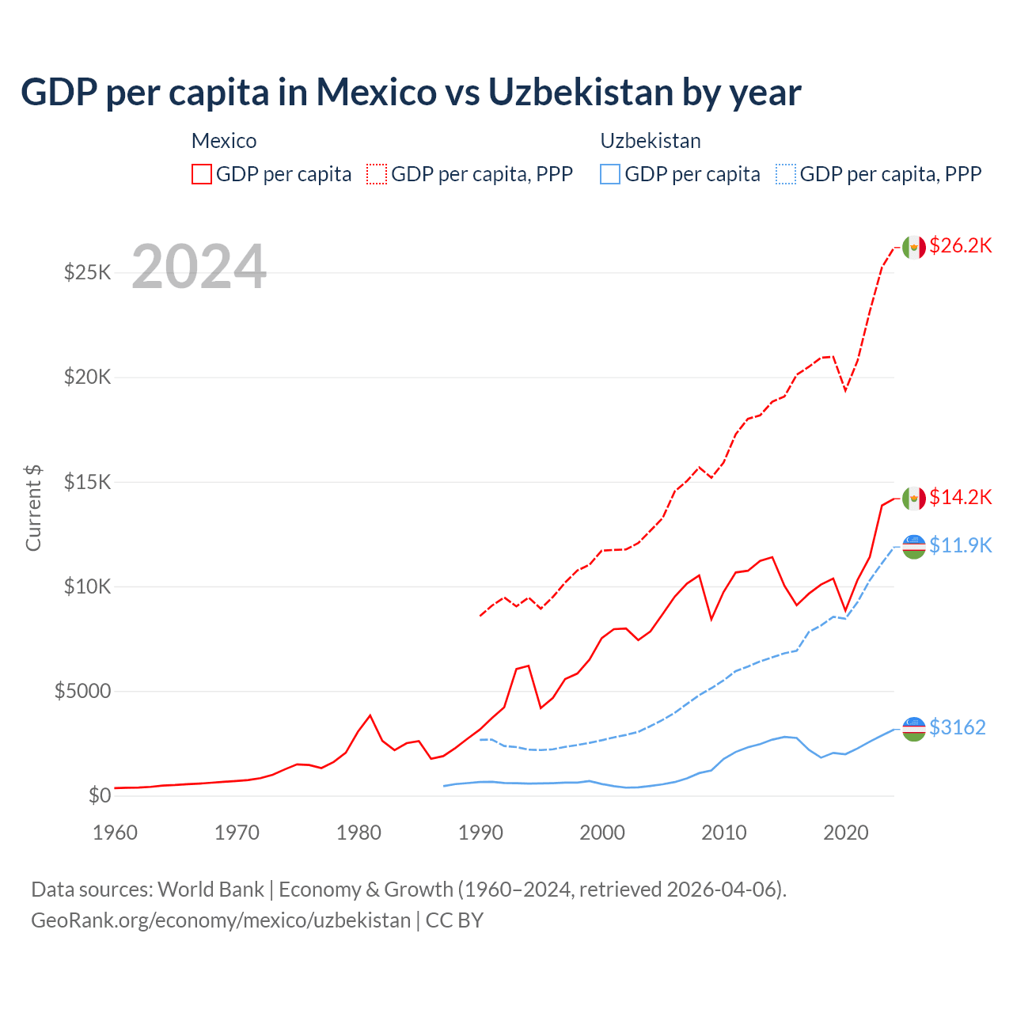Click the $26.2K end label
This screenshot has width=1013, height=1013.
960,246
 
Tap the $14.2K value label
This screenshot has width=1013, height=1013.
960,497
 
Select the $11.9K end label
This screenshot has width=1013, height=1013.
960,545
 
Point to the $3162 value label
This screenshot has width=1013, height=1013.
957,727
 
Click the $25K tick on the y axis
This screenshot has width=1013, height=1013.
88,273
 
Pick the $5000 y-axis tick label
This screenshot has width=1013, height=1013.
82,691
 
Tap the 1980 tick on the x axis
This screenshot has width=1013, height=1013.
359,833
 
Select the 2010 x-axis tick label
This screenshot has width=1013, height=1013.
724,833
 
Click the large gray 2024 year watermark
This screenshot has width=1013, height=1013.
199,267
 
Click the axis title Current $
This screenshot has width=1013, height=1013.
33,508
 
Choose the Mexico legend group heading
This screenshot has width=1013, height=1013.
224,141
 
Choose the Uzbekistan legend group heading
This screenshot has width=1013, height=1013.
651,141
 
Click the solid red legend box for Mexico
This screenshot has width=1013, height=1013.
202,174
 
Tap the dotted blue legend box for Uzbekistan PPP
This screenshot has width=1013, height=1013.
786,174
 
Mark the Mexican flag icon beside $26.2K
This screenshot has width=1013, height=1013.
914,247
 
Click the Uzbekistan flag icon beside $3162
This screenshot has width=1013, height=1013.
914,728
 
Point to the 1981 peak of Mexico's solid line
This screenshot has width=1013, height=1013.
370,715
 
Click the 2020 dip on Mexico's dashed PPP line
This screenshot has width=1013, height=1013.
845,390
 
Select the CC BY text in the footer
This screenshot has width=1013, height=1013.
454,920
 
